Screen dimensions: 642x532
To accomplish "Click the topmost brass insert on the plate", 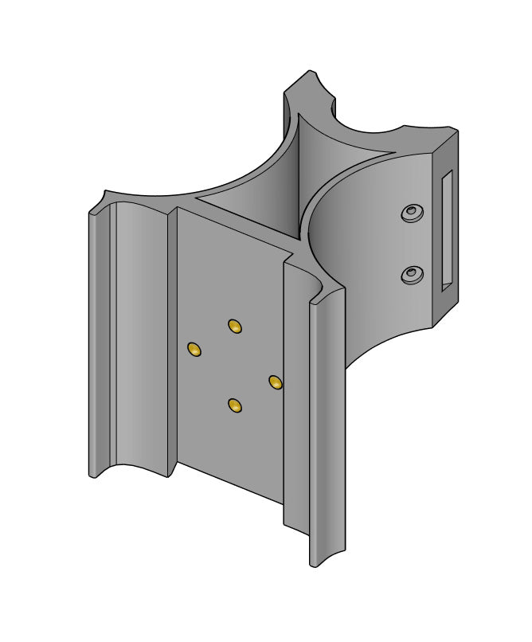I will point(234,326).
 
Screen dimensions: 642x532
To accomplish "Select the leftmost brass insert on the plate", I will point(194,349).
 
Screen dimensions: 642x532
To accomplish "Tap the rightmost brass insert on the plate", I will point(276,383).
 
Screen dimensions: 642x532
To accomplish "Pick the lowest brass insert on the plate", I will point(234,406).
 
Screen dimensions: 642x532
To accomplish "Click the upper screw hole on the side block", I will point(412,213).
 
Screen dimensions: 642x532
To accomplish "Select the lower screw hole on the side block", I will point(411,275).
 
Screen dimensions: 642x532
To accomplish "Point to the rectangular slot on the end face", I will point(447,229).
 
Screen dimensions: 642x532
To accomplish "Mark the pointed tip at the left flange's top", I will point(104,192).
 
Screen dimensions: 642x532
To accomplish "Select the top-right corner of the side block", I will point(456,130).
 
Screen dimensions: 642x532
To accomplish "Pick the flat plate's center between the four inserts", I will point(235,366).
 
